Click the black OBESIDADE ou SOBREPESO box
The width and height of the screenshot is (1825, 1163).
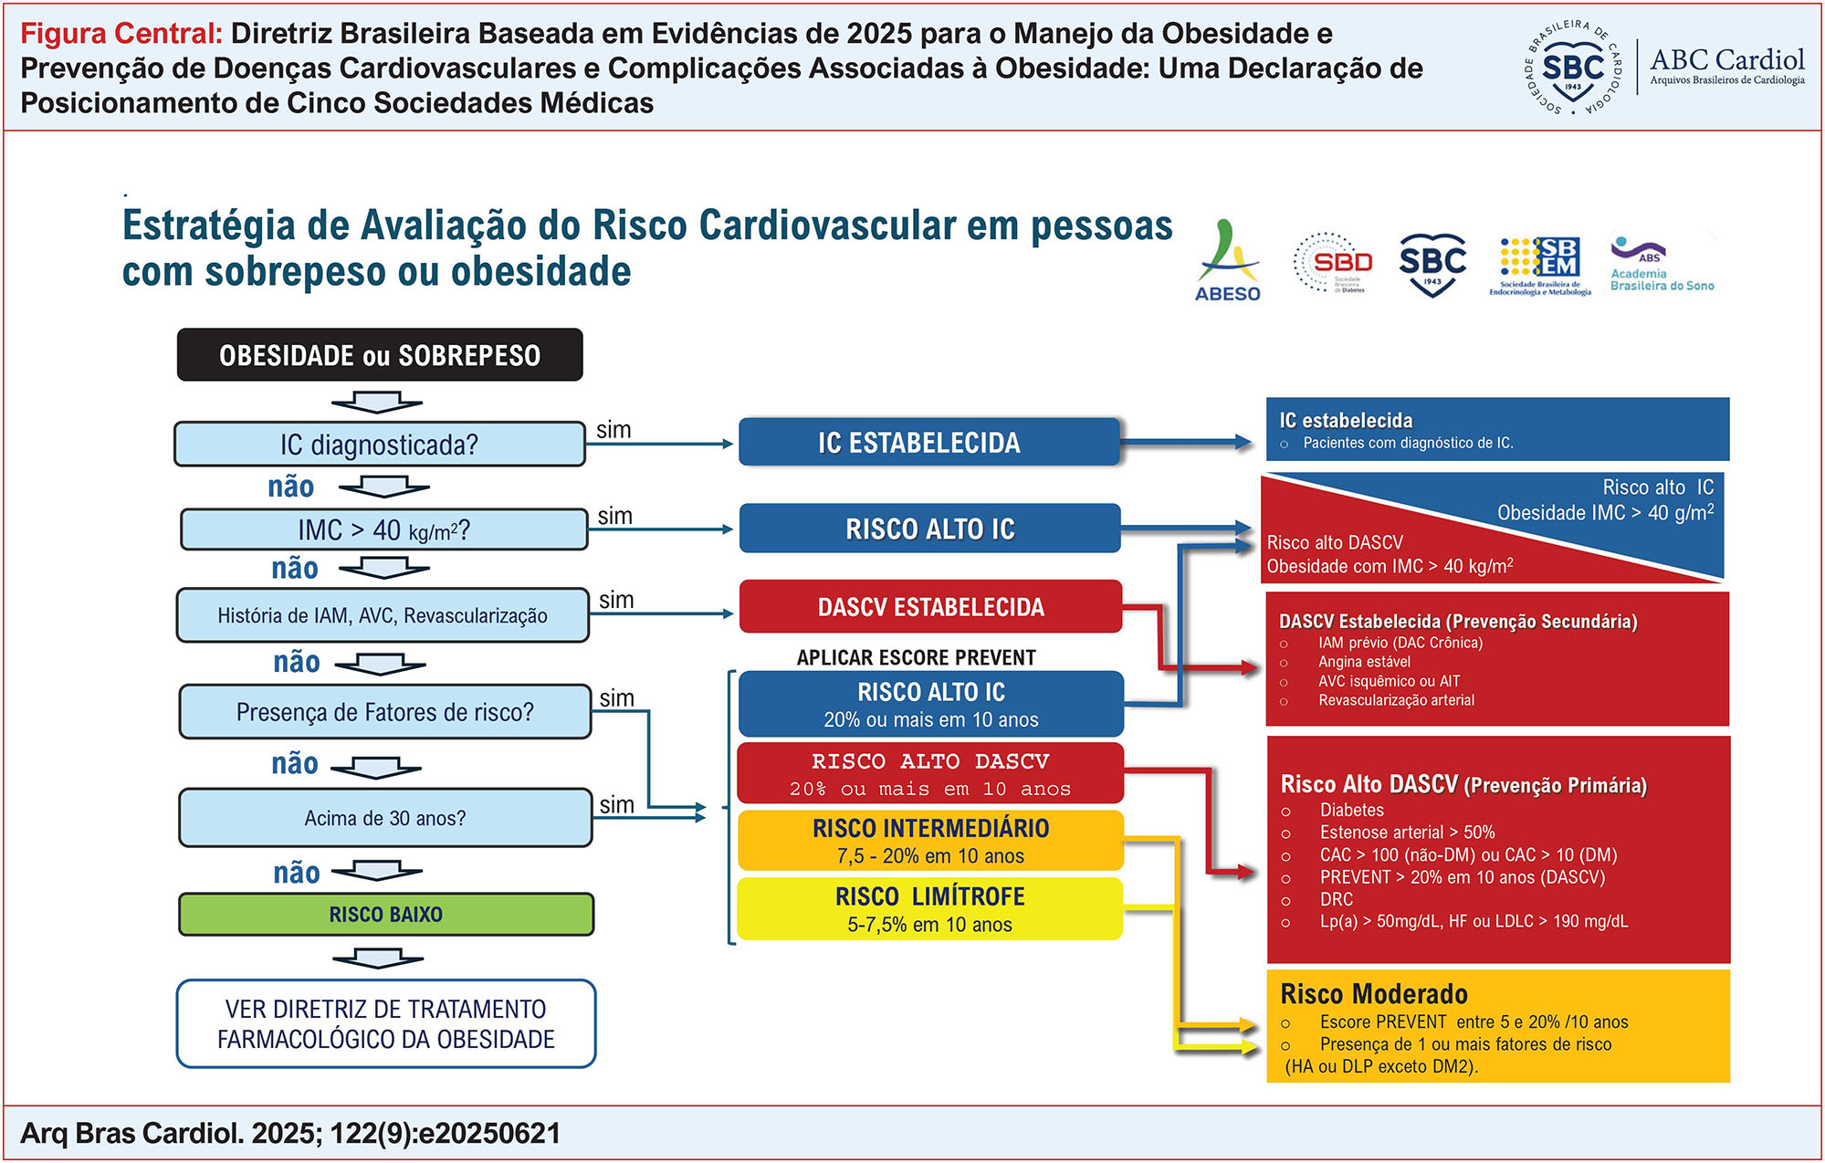pos(380,355)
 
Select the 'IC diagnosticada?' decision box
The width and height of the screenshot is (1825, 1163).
pos(380,445)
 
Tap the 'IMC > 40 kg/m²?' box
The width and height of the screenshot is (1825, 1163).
pos(383,530)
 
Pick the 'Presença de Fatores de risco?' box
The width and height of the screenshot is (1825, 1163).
pos(384,712)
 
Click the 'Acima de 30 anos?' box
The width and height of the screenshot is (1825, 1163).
pos(384,818)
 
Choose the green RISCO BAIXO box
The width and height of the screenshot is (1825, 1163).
pos(385,915)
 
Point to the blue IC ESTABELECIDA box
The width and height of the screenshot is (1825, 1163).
pos(928,443)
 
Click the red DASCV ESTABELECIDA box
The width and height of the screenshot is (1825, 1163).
pos(930,607)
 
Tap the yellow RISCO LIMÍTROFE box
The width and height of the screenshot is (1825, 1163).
pos(929,909)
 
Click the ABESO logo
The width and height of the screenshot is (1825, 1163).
pos(1227,263)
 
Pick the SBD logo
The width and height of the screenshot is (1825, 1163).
pos(1334,263)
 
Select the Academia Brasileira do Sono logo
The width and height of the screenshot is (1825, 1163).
pos(1661,265)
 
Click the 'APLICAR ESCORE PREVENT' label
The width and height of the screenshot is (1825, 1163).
pos(916,658)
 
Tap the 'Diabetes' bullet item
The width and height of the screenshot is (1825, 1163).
pos(1351,811)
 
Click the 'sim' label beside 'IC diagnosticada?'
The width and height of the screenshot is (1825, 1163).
pos(614,430)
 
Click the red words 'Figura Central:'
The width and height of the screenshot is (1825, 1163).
pos(121,34)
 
